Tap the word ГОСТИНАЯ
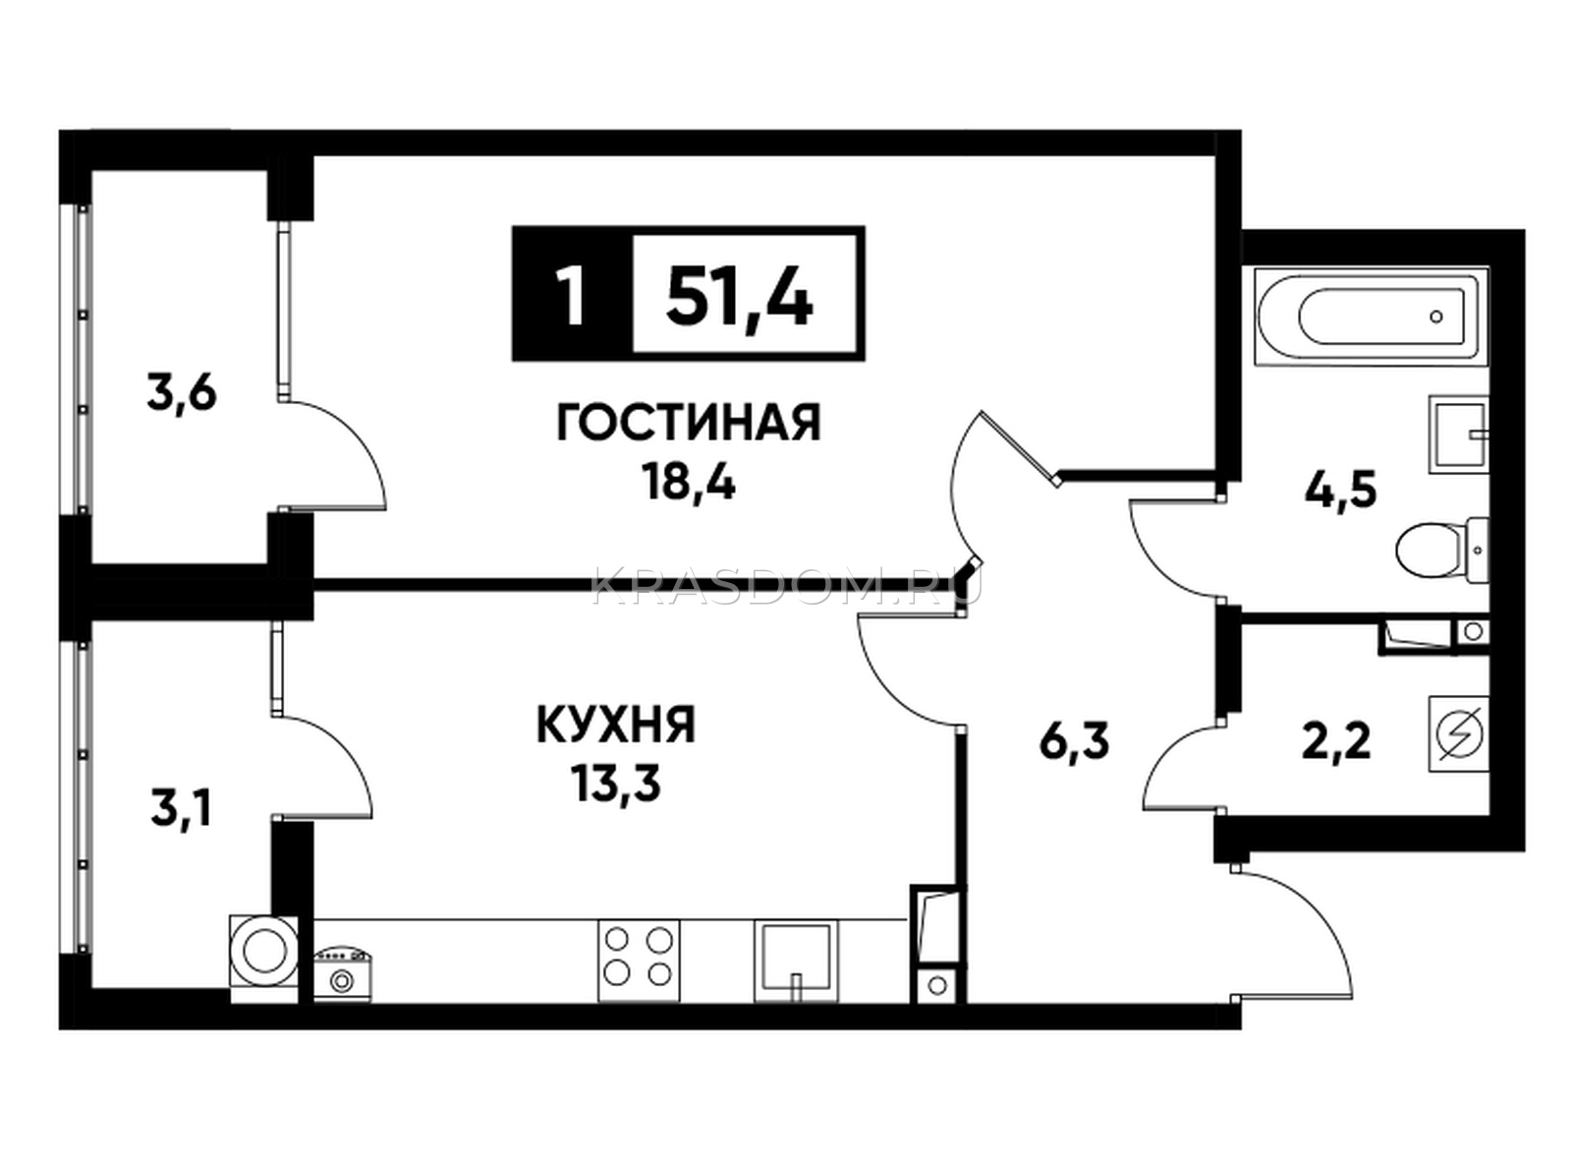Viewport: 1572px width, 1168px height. tap(689, 423)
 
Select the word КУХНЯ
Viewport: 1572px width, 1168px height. tap(617, 724)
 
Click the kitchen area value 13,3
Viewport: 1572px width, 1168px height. tap(617, 784)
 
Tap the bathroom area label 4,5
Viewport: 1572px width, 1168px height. tap(1340, 490)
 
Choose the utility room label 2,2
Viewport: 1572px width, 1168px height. tap(1336, 742)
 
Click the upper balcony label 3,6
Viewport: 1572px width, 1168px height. tap(182, 392)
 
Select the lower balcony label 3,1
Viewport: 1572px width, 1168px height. tap(180, 810)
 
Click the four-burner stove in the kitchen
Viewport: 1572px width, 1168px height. tap(639, 962)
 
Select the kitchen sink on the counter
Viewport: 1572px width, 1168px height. tap(796, 962)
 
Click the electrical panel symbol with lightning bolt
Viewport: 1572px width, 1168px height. tap(1459, 732)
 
